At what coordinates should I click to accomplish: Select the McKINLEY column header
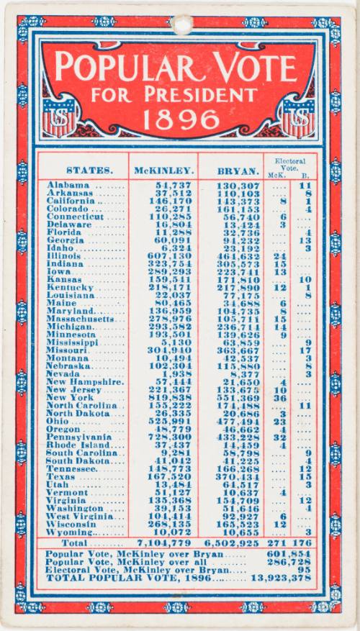click(x=163, y=171)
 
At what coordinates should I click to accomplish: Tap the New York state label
click(x=70, y=397)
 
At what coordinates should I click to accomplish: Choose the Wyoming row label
click(x=72, y=532)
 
